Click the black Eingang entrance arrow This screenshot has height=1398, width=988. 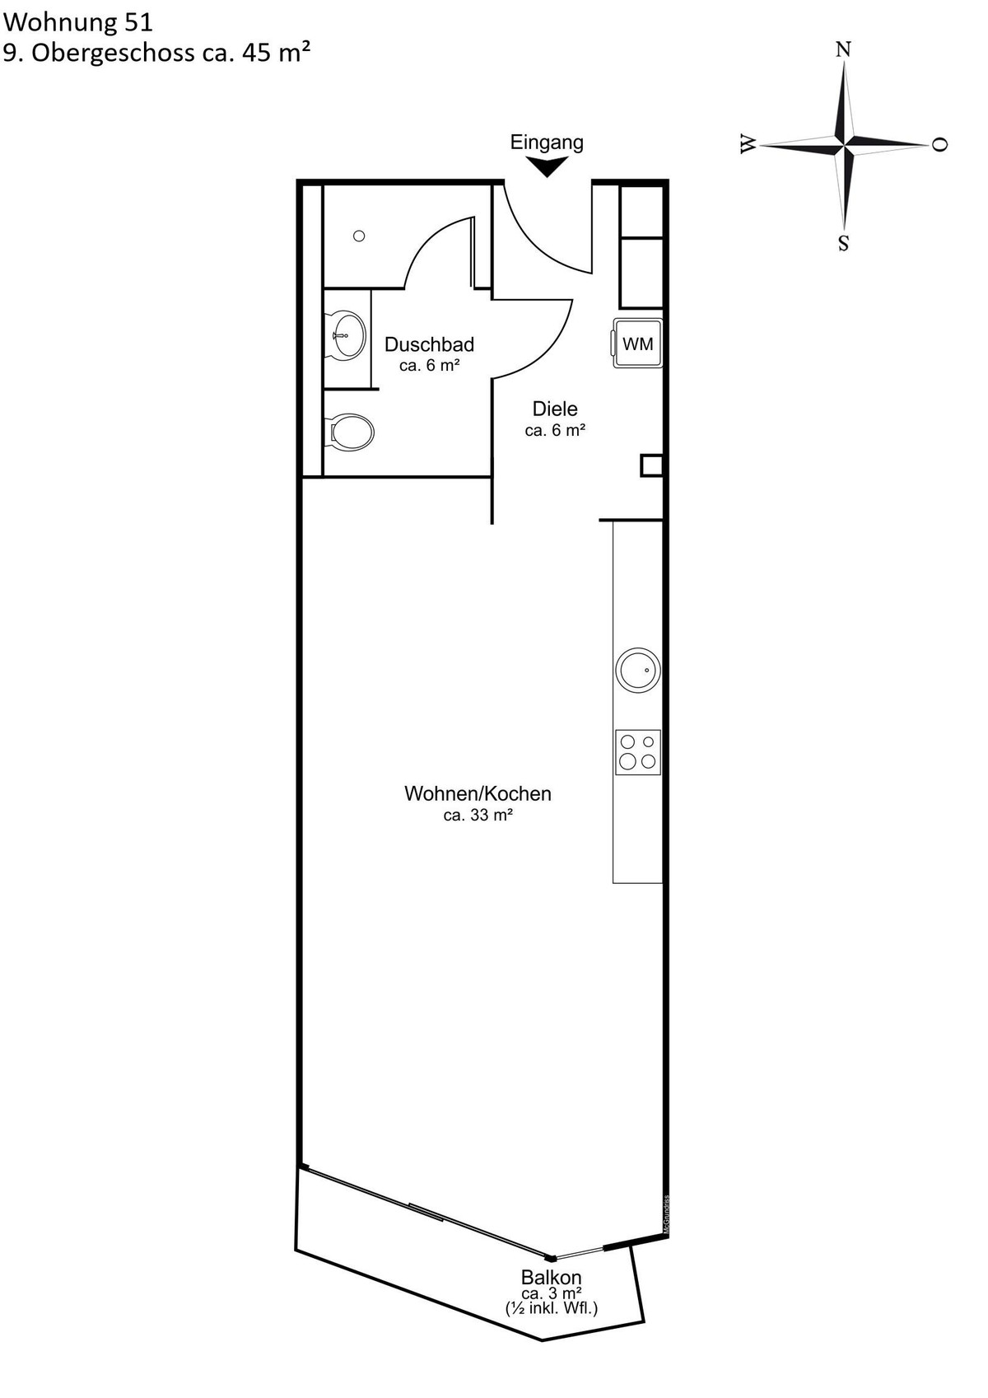(x=547, y=166)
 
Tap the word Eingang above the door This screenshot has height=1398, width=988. (x=547, y=143)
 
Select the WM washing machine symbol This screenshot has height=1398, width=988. (x=636, y=343)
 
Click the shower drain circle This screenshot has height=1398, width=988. (x=359, y=236)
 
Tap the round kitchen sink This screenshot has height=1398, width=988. (x=637, y=670)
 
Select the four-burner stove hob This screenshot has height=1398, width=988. (x=637, y=752)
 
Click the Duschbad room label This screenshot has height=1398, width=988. (x=429, y=344)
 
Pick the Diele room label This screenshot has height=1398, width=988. (x=554, y=409)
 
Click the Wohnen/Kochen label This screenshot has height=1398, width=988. (x=478, y=793)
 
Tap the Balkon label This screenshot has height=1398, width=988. (x=552, y=1277)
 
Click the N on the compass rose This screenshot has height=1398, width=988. (x=843, y=49)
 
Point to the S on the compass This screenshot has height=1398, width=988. (x=843, y=243)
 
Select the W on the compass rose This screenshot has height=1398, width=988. (x=748, y=144)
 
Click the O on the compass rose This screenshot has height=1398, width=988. (x=939, y=144)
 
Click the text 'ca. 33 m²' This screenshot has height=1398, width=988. (x=478, y=815)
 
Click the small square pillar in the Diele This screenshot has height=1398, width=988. (x=651, y=465)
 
